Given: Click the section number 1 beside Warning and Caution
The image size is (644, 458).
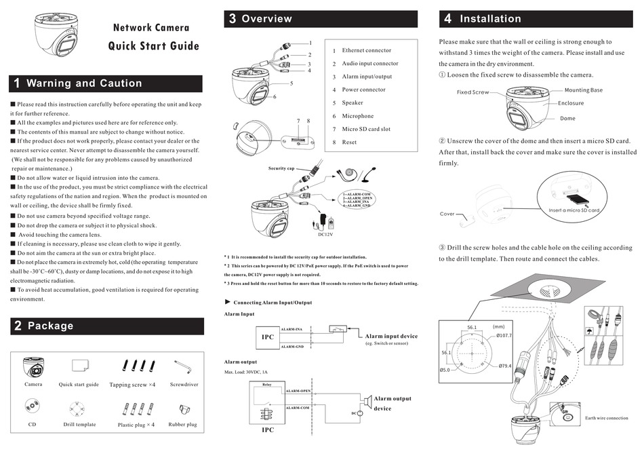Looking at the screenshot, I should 17,83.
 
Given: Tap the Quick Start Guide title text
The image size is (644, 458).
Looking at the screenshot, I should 154,46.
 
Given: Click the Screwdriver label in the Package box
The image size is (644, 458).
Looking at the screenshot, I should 184,385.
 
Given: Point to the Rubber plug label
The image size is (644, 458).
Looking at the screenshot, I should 182,425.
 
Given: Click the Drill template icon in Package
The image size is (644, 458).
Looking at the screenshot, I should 79,407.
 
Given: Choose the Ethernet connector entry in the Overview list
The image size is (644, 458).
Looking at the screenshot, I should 366,50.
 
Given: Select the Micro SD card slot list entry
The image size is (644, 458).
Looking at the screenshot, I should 366,129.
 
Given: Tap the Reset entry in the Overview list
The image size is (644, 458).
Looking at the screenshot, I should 349,142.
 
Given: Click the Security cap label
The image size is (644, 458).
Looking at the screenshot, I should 281,168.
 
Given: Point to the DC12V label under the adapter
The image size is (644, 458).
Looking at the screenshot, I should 327,235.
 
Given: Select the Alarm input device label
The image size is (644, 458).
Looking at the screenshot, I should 391,336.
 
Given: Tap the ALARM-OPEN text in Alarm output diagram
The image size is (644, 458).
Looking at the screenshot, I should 298,392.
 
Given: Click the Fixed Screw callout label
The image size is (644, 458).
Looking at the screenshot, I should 472,92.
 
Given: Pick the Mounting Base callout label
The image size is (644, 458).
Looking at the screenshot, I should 583,90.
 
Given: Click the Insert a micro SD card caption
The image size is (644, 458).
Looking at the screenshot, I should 574,210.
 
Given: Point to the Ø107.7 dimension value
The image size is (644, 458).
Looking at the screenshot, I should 504,335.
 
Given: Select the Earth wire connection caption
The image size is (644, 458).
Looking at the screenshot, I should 607,418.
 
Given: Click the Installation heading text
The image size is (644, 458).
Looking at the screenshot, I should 490,19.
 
